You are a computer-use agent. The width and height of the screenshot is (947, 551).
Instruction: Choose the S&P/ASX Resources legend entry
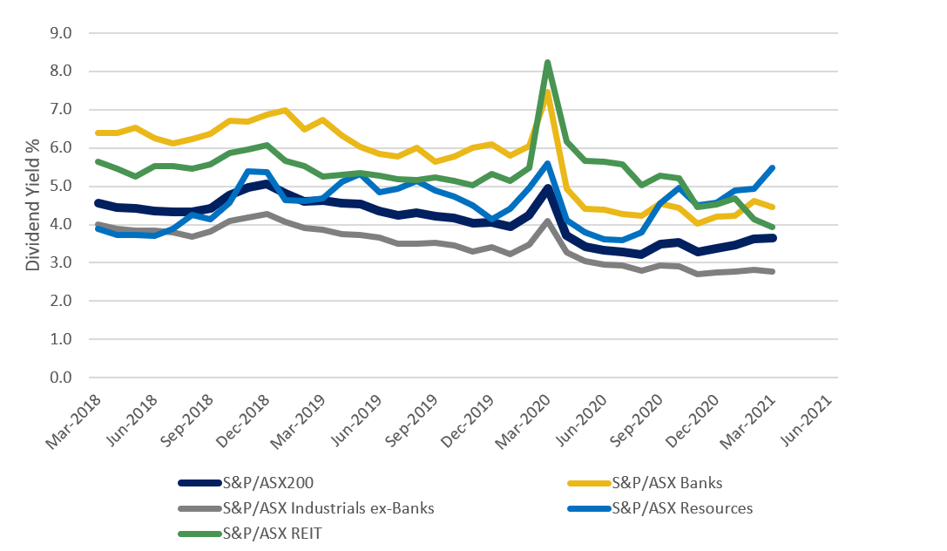click(x=682, y=507)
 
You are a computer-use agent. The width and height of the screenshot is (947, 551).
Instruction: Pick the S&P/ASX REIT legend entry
click(x=272, y=533)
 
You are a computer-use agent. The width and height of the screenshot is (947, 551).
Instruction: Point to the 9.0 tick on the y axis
click(x=62, y=33)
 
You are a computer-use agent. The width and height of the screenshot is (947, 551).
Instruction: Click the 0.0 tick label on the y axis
click(x=62, y=378)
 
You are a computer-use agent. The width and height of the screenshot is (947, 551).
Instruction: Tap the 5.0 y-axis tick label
click(x=62, y=187)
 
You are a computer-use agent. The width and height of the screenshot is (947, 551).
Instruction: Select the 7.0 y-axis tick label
click(x=62, y=110)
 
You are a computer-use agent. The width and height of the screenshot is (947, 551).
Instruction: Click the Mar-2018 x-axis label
click(x=75, y=425)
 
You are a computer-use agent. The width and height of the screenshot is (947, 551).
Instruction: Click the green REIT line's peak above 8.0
click(x=547, y=63)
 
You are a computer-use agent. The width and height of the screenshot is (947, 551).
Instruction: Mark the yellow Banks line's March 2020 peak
click(x=547, y=92)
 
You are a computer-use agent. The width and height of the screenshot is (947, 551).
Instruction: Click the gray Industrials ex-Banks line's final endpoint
click(x=772, y=272)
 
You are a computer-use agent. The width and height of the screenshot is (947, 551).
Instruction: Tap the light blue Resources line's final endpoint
click(x=772, y=167)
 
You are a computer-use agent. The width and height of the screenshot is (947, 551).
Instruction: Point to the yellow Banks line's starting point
click(x=98, y=133)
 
